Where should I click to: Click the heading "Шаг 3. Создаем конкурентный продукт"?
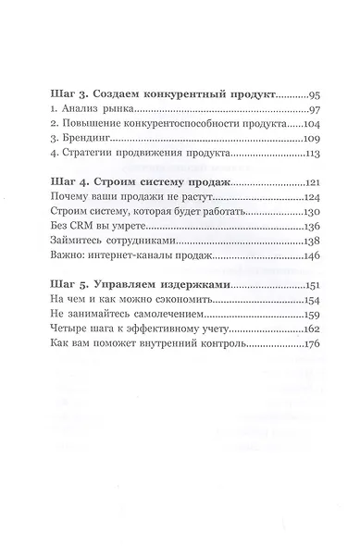coord(153,96)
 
